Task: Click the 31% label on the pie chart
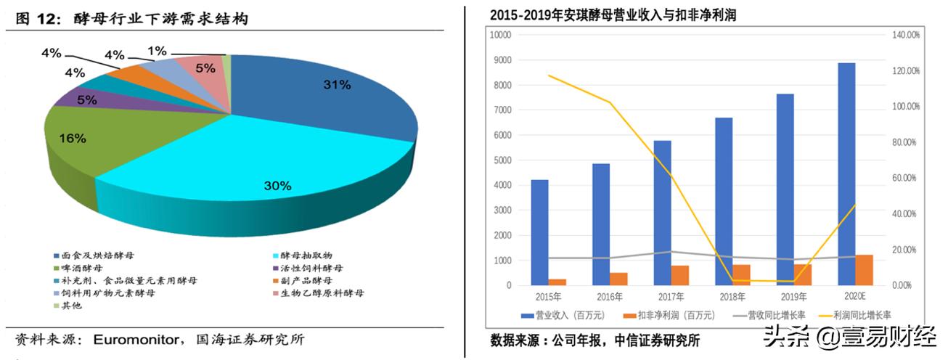point(337,85)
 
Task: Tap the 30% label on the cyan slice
point(277,186)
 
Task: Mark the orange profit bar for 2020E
point(865,270)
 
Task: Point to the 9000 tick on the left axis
point(502,60)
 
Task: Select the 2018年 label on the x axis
point(732,297)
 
